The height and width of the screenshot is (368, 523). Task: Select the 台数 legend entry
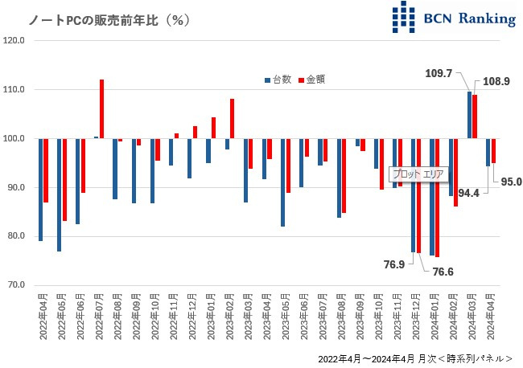pos(278,80)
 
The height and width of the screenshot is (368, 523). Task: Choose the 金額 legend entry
pos(312,80)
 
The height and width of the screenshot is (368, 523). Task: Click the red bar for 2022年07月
pos(102,109)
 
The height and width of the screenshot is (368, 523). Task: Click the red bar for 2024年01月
pos(437,198)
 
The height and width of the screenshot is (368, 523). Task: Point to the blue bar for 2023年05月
pos(283,182)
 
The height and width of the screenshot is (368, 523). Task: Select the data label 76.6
pos(444,272)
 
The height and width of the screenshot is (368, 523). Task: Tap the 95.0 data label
pos(510,182)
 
